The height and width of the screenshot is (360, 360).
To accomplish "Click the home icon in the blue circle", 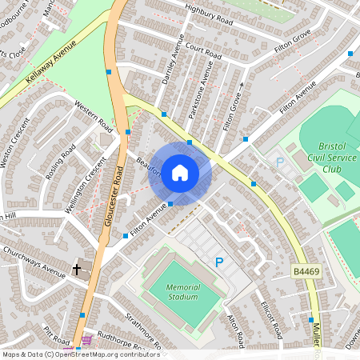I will [180, 173].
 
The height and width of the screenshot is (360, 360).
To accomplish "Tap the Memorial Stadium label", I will [171, 292].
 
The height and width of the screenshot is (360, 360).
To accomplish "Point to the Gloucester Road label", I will [113, 197].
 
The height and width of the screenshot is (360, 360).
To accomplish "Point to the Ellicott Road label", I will [271, 318].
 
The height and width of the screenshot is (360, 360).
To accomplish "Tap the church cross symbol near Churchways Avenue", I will [77, 269].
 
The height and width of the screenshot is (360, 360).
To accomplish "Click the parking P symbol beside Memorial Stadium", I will [219, 261].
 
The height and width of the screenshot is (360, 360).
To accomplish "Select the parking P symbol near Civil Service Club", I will [279, 162].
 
